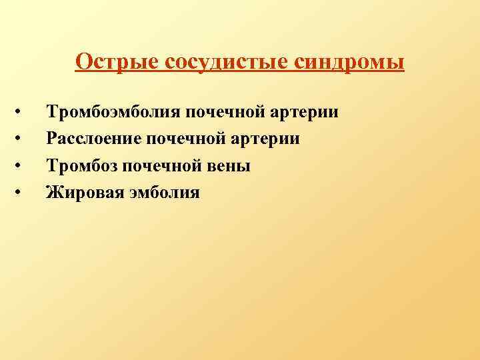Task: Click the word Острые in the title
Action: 113,61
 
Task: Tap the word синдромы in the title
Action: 347,61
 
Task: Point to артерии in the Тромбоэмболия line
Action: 306,111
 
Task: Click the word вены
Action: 229,165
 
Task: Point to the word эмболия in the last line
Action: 162,193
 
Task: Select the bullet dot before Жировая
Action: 20,193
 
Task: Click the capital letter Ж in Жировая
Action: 52,193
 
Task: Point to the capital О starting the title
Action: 83,61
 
